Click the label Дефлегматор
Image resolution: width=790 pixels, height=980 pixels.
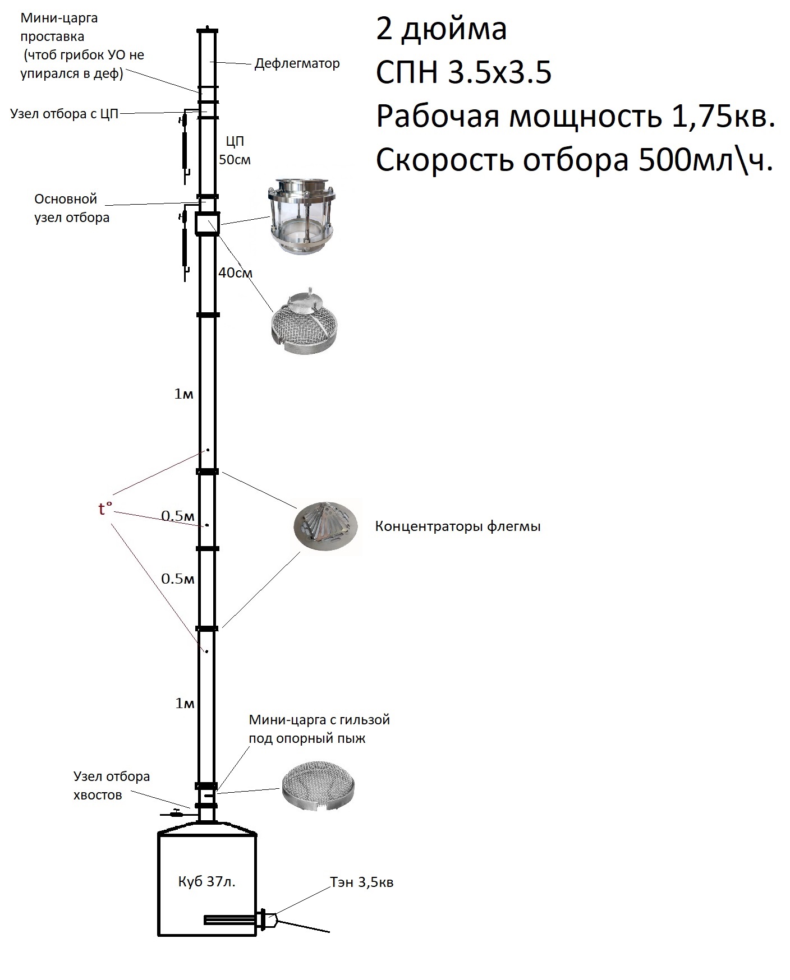pyautogui.click(x=297, y=63)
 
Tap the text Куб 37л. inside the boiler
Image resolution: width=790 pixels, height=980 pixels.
pyautogui.click(x=206, y=882)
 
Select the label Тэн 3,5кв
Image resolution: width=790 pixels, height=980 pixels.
pyautogui.click(x=362, y=882)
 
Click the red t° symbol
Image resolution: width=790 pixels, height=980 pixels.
pyautogui.click(x=105, y=509)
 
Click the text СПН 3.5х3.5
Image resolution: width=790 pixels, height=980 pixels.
pyautogui.click(x=463, y=73)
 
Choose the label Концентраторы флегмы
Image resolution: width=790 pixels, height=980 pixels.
pyautogui.click(x=458, y=526)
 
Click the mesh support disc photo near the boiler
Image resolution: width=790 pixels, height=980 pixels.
pyautogui.click(x=318, y=785)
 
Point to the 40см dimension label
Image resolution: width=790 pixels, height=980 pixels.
pyautogui.click(x=235, y=273)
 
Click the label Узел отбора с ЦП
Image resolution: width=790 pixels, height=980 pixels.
pyautogui.click(x=65, y=114)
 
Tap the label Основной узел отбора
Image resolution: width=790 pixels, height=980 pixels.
pyautogui.click(x=71, y=208)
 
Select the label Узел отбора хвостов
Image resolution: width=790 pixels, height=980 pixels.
pyautogui.click(x=111, y=785)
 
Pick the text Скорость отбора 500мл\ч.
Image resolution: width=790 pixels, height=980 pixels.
pyautogui.click(x=575, y=161)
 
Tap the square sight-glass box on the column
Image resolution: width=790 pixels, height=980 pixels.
pyautogui.click(x=207, y=223)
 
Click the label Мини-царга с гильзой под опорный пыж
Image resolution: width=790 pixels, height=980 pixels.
pyautogui.click(x=319, y=729)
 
